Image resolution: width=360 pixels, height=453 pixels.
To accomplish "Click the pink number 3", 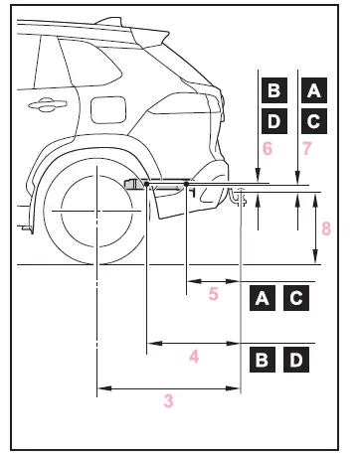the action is [x=169, y=401].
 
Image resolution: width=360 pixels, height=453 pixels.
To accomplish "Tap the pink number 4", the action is [x=194, y=357].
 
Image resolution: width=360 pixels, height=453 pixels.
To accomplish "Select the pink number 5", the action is [x=214, y=294].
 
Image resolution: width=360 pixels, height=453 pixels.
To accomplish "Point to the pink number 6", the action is [x=268, y=149].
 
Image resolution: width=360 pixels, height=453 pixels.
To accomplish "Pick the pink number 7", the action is [x=307, y=149].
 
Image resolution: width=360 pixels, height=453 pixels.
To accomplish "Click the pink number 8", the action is [x=326, y=228].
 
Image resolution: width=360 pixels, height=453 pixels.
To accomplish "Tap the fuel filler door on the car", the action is [x=108, y=109].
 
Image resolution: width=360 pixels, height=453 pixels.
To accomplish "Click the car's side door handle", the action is [x=48, y=104].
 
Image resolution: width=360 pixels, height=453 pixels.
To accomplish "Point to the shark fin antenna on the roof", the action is [x=109, y=21].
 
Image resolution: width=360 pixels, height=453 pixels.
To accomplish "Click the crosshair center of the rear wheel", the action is [x=96, y=211].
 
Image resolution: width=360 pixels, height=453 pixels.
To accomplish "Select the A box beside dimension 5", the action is [x=263, y=298].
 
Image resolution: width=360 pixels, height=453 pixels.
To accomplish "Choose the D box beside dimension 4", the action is [x=296, y=360].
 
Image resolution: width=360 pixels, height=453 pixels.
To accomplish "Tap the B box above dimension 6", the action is [x=274, y=90].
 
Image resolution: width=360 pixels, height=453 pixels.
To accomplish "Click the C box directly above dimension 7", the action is [x=314, y=121].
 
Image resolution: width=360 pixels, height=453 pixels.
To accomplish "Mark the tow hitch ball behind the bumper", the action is [x=241, y=189].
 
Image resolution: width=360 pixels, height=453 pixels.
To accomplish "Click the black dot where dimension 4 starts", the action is [x=146, y=184].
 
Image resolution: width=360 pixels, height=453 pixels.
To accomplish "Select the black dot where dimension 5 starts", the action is [x=186, y=184].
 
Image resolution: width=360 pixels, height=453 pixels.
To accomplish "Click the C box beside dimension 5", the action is [x=296, y=298].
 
